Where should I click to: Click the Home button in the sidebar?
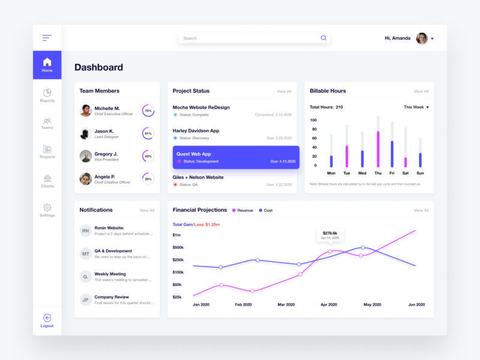click(x=47, y=65)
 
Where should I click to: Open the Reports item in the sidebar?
click(x=47, y=95)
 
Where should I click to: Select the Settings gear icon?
click(x=47, y=208)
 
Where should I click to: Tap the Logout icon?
click(x=47, y=318)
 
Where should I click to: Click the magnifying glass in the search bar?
click(x=323, y=38)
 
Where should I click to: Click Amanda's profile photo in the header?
click(x=422, y=38)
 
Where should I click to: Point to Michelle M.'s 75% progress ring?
click(x=148, y=111)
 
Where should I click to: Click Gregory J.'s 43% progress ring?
click(x=148, y=156)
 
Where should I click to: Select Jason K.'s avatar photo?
click(x=86, y=133)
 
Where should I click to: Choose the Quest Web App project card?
click(x=235, y=157)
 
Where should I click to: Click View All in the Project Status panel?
click(x=284, y=92)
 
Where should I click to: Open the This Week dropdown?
click(x=416, y=107)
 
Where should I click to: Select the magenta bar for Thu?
click(x=378, y=149)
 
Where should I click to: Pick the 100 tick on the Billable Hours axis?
click(x=313, y=120)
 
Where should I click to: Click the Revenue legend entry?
click(x=242, y=211)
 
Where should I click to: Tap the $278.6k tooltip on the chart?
click(x=329, y=235)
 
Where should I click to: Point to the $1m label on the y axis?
click(x=177, y=235)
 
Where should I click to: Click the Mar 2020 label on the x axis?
click(x=286, y=305)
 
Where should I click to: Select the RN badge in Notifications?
click(x=86, y=230)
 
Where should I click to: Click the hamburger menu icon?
click(x=47, y=38)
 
